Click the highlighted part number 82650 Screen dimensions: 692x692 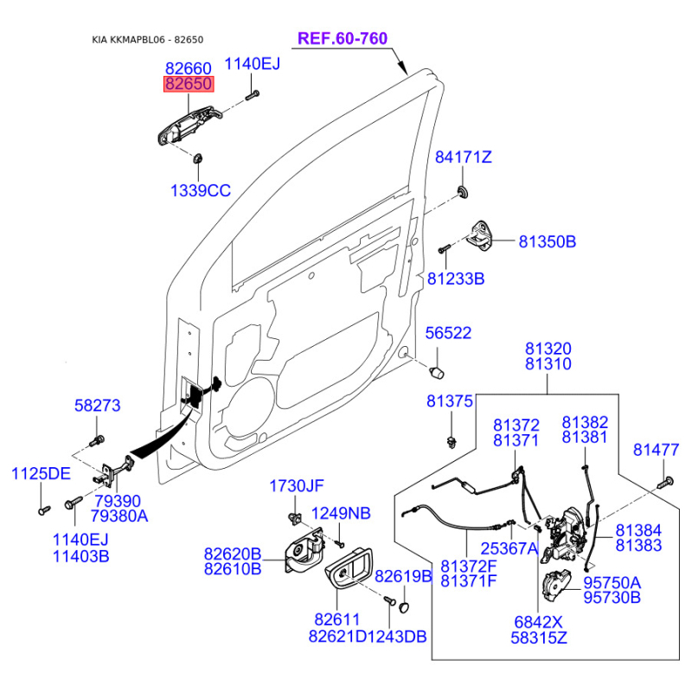189,83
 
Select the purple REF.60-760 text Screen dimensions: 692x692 343,38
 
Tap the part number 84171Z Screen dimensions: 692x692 464,157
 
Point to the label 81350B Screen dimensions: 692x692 548,242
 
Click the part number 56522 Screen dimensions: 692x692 448,333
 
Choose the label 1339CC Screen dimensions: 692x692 201,190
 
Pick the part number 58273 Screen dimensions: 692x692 97,405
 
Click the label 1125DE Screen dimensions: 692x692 41,473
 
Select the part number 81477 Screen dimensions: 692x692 656,450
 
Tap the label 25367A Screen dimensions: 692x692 509,548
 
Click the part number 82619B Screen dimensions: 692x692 403,576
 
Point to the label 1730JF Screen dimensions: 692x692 297,486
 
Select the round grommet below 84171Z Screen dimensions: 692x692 463,192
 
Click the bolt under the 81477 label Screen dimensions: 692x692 665,482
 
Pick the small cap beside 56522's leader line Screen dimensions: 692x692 437,372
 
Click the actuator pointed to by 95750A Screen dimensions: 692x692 555,586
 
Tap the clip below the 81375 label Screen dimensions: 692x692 452,442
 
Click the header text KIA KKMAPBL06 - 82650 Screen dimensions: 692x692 147,40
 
